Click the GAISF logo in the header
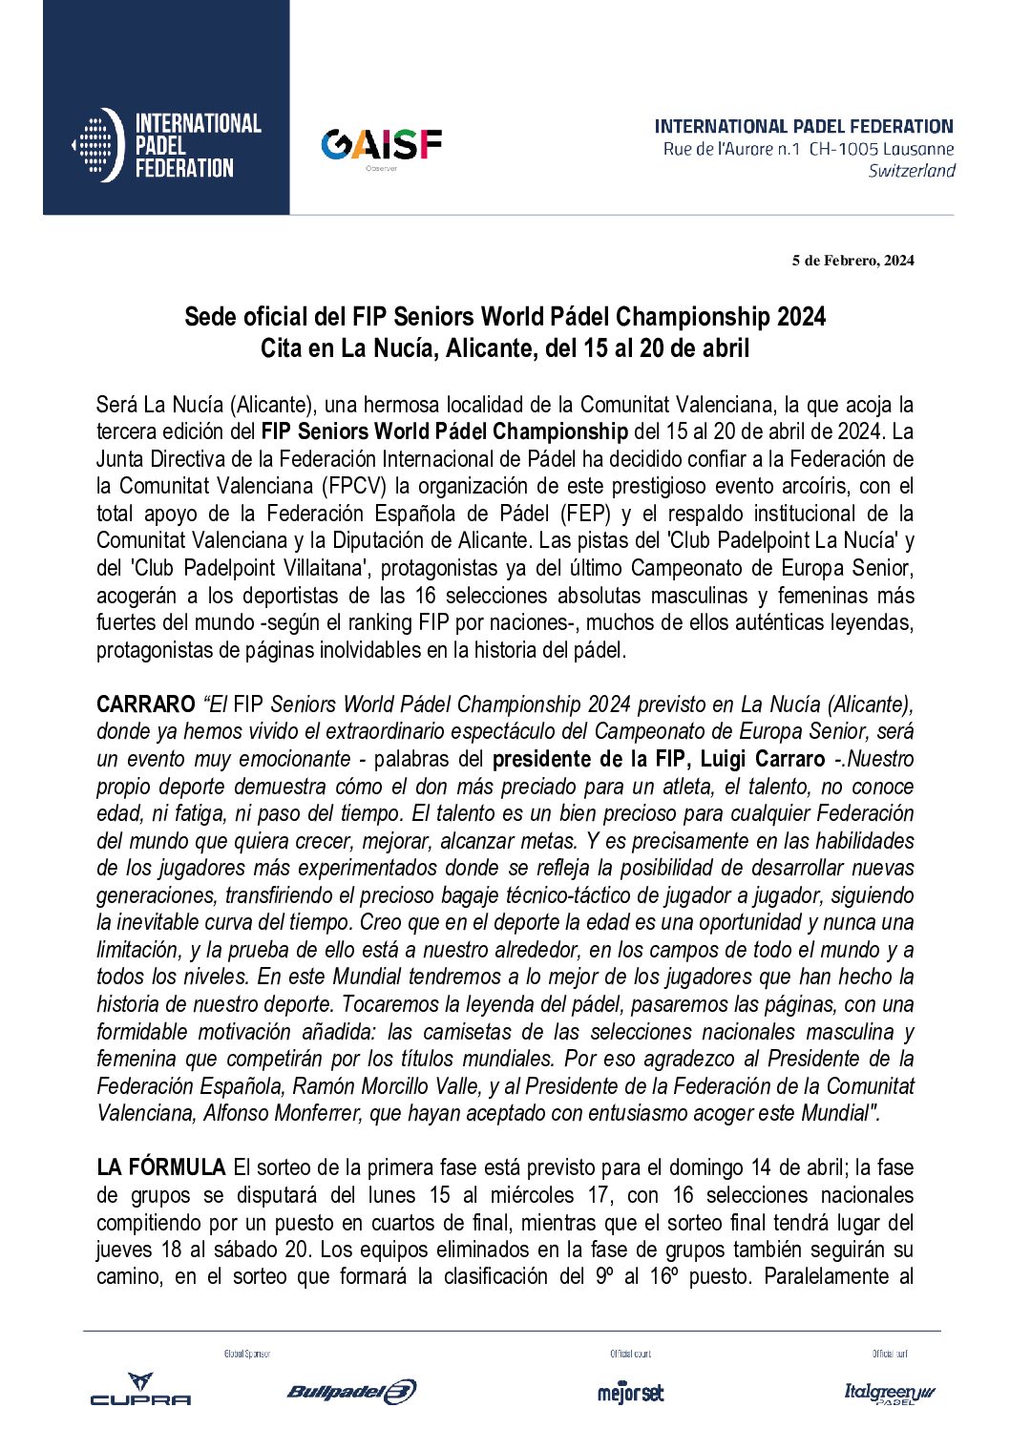pyautogui.click(x=381, y=146)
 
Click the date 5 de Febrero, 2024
pyautogui.click(x=852, y=261)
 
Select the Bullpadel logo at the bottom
pyautogui.click(x=351, y=1391)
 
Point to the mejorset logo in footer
pyautogui.click(x=630, y=1392)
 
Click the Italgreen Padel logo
pyautogui.click(x=889, y=1393)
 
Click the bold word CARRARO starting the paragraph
pyautogui.click(x=145, y=704)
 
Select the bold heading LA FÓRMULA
pyautogui.click(x=160, y=1167)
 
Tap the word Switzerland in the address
pyautogui.click(x=911, y=171)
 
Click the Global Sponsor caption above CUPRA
pyautogui.click(x=247, y=1354)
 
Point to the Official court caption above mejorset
pyautogui.click(x=630, y=1354)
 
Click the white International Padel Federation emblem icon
pyautogui.click(x=97, y=145)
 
